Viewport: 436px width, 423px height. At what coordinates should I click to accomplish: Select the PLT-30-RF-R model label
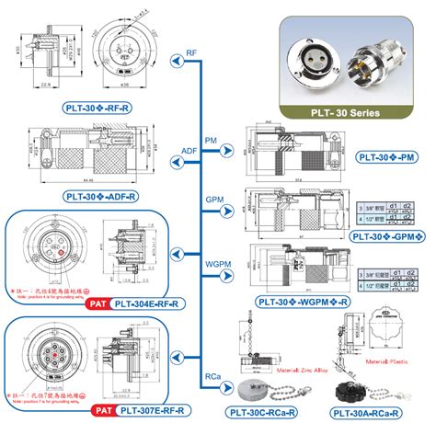(x=94, y=108)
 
